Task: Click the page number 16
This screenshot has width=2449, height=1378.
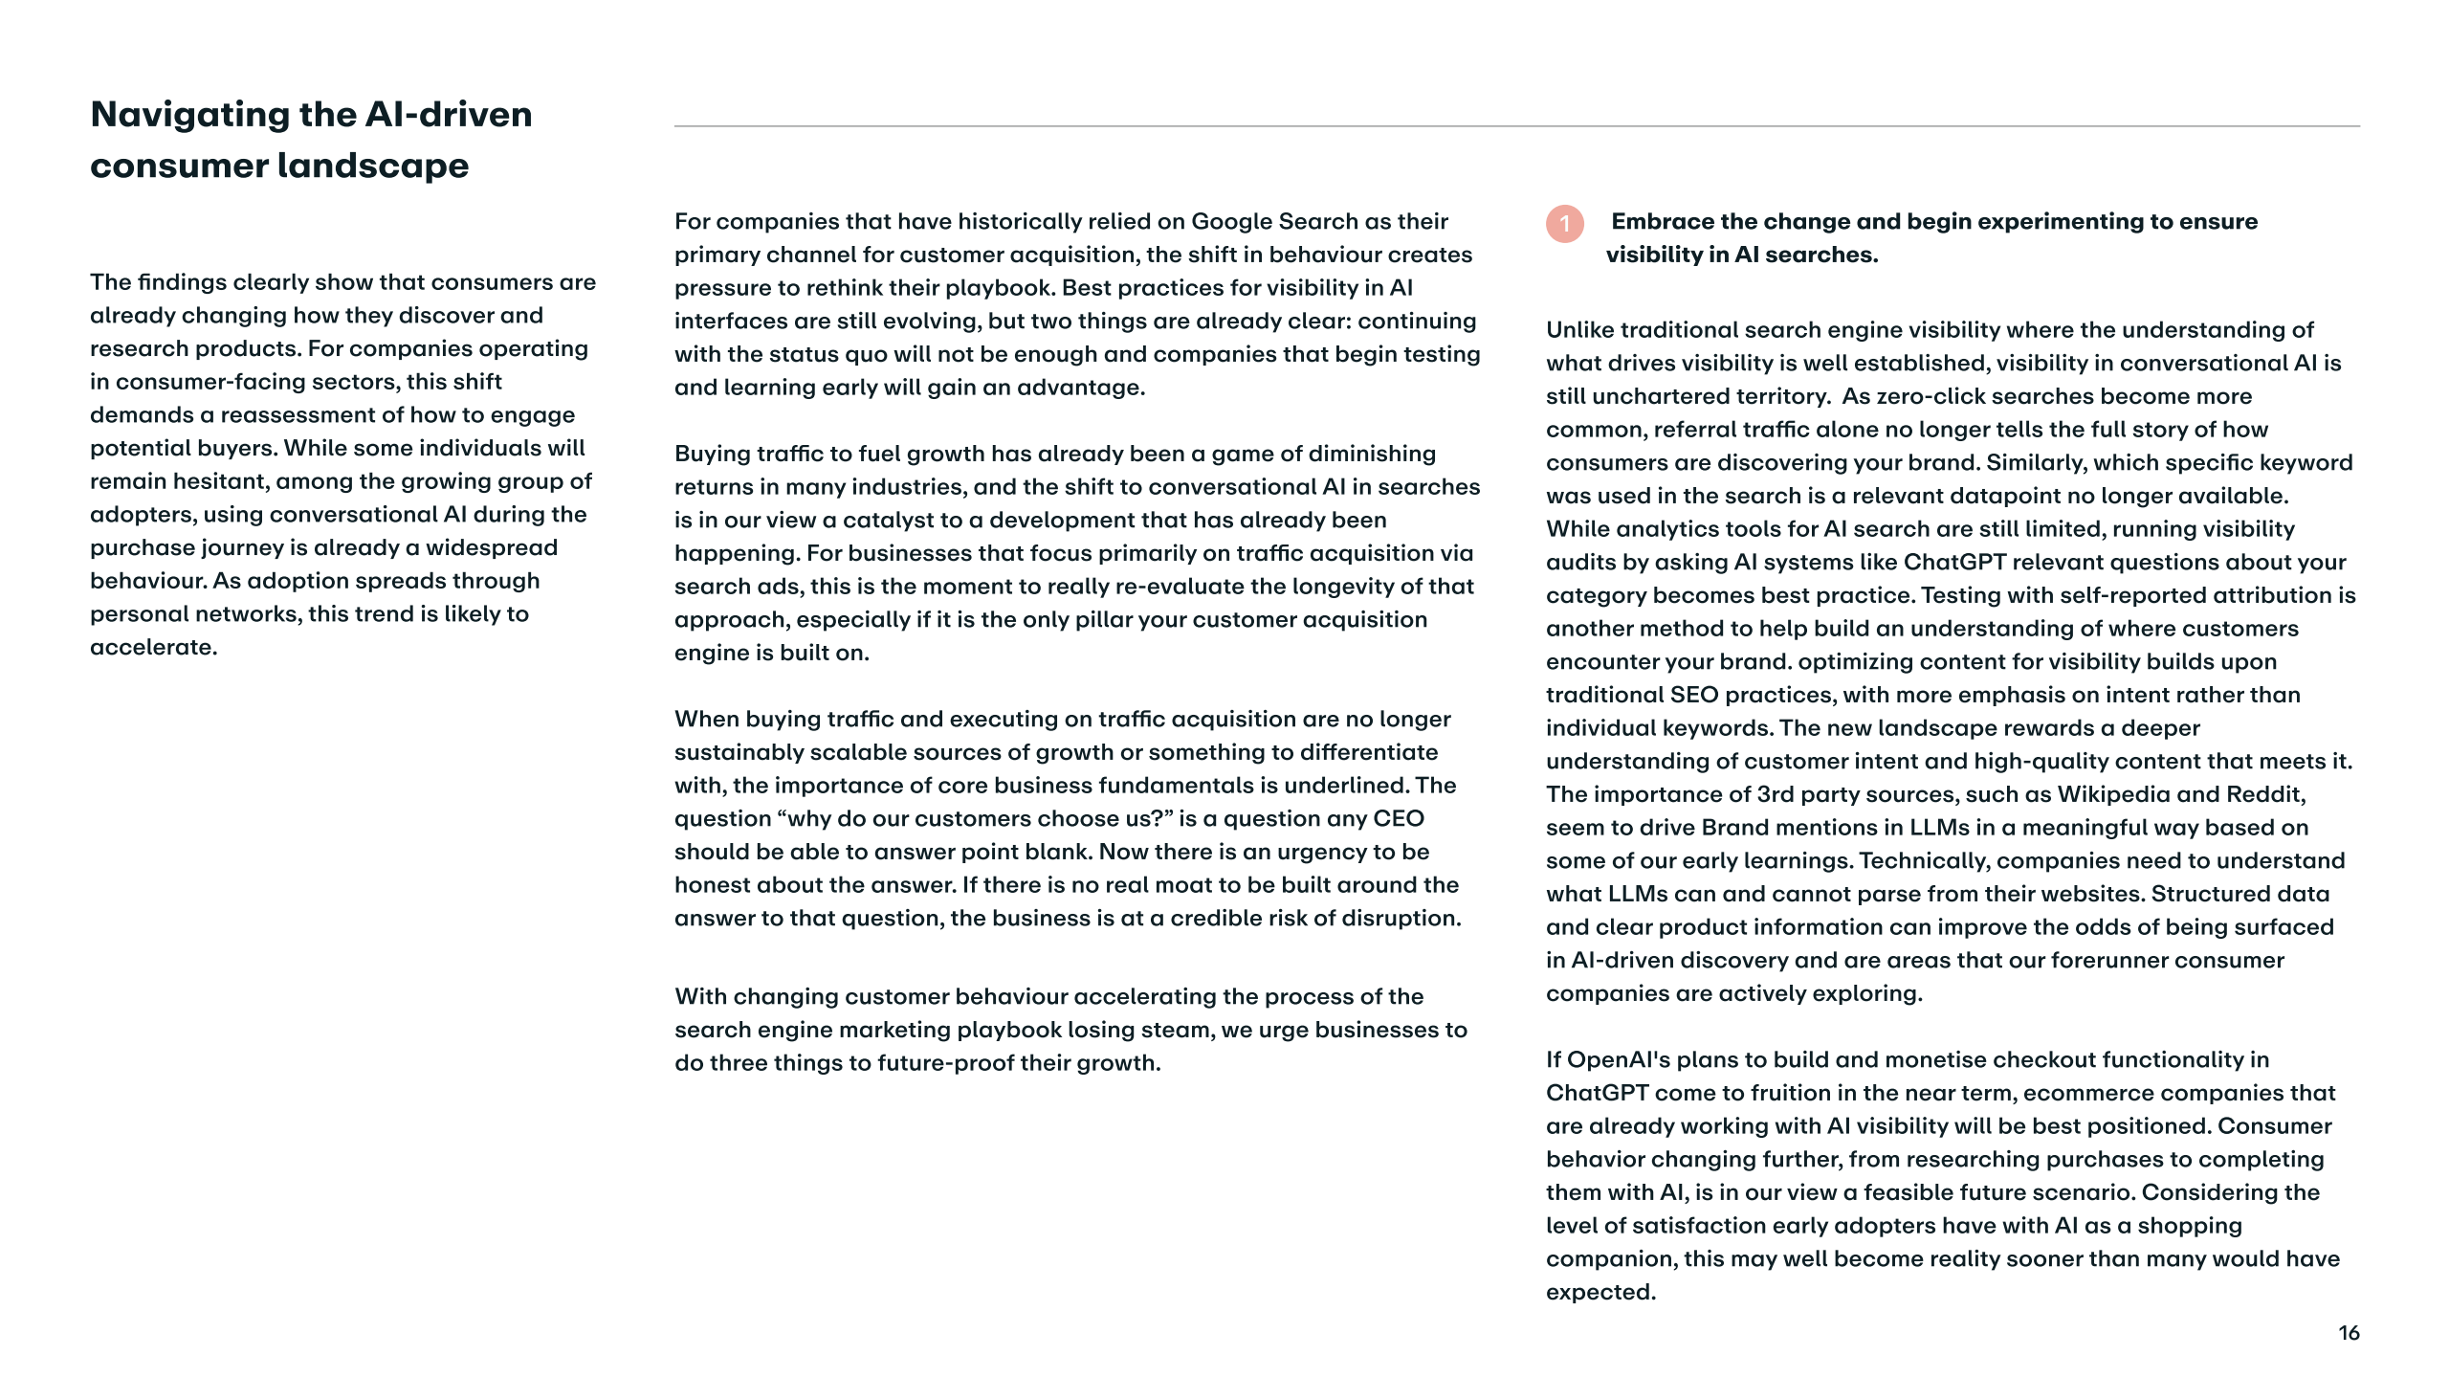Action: coord(2349,1333)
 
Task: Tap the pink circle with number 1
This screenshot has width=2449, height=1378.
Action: coord(1565,224)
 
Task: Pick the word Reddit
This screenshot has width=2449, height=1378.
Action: coord(2264,794)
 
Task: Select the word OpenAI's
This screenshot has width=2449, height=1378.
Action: coord(1619,1060)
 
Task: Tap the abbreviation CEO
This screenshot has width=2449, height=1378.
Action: coord(1399,819)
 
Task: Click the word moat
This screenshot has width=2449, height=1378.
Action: coord(1129,885)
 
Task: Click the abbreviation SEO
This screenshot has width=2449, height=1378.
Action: coord(1694,695)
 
